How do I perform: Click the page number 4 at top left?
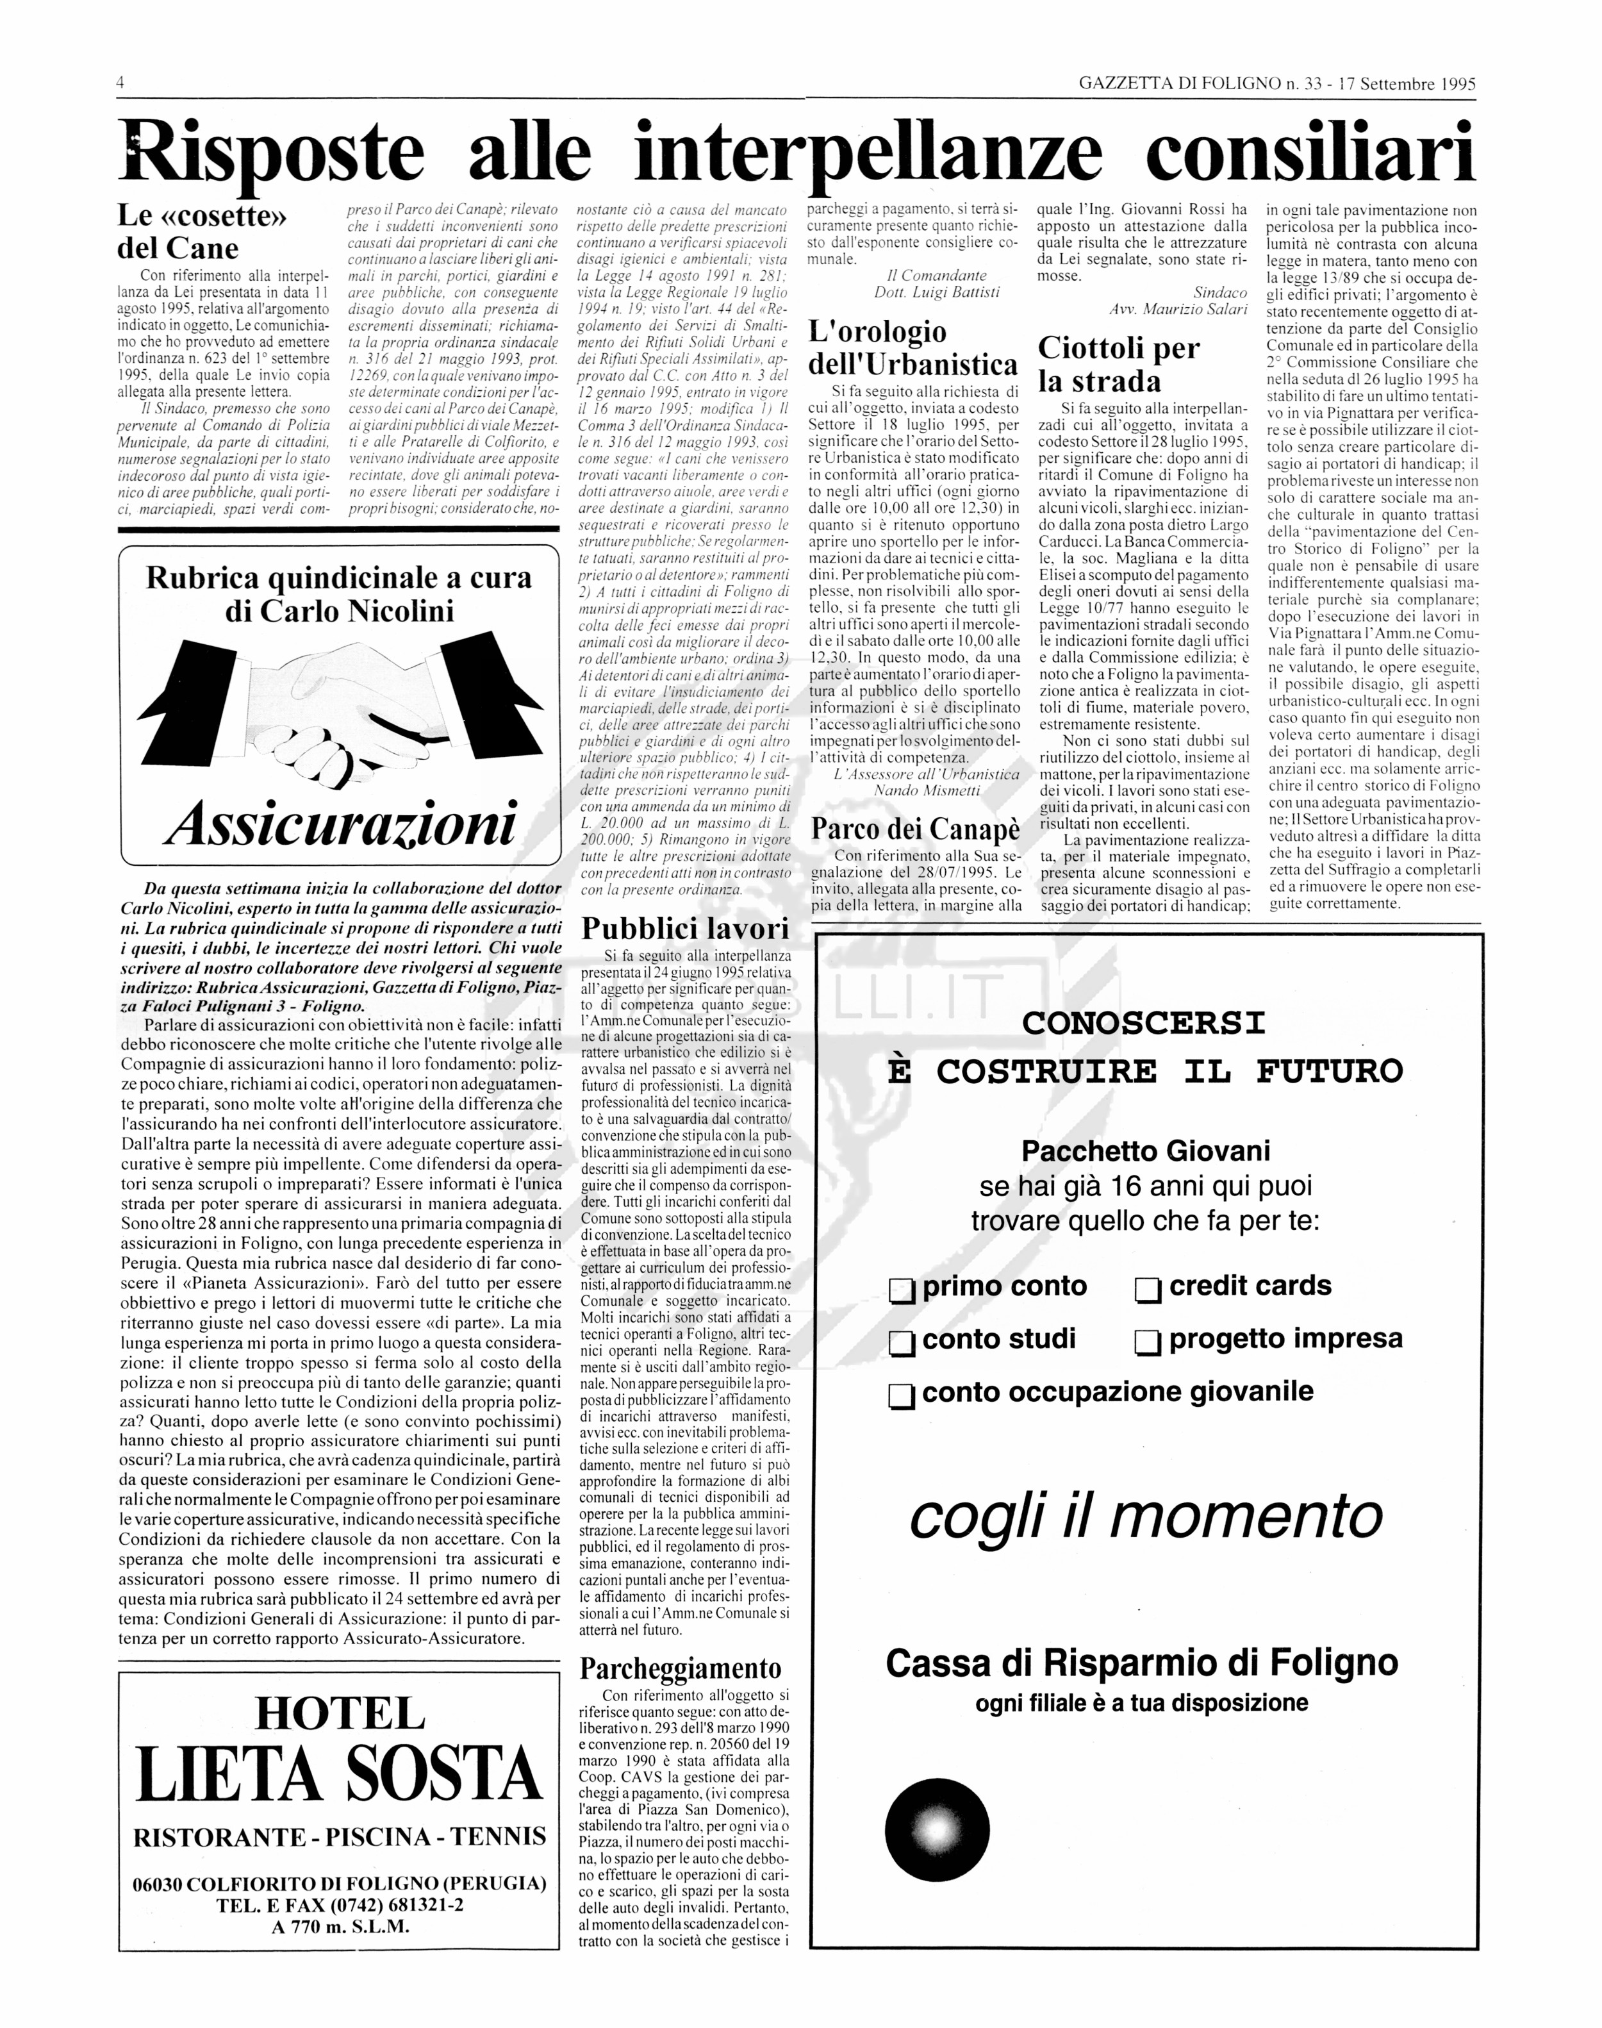point(121,83)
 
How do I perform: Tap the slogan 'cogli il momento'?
point(1146,1516)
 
